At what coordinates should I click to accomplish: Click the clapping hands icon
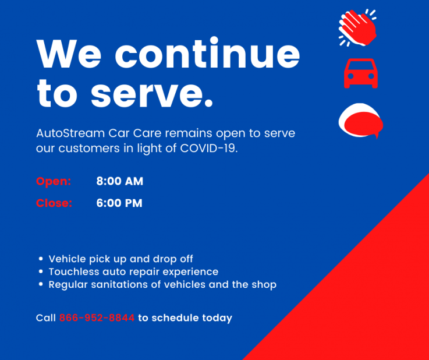(x=358, y=27)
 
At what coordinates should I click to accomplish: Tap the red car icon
(x=361, y=73)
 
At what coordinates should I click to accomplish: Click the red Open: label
(x=54, y=181)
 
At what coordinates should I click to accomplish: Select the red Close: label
(x=54, y=203)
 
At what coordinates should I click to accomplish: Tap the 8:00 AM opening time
(x=119, y=181)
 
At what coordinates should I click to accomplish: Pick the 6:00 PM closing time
(x=119, y=203)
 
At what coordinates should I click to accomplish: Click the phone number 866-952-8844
(x=97, y=318)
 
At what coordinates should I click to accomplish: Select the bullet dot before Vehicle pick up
(x=41, y=259)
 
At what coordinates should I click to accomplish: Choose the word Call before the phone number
(x=45, y=318)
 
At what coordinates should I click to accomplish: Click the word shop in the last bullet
(x=264, y=285)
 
